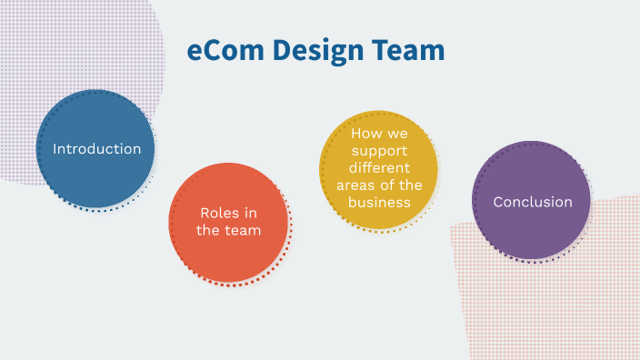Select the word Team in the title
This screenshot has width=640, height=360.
[410, 51]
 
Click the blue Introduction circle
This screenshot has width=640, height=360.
[95, 173]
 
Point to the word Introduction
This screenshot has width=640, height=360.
[96, 148]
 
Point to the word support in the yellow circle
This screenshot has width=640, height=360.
[379, 151]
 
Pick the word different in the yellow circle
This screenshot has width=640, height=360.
[379, 168]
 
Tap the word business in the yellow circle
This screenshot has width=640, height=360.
[379, 202]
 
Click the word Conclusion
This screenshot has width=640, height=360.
[533, 202]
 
